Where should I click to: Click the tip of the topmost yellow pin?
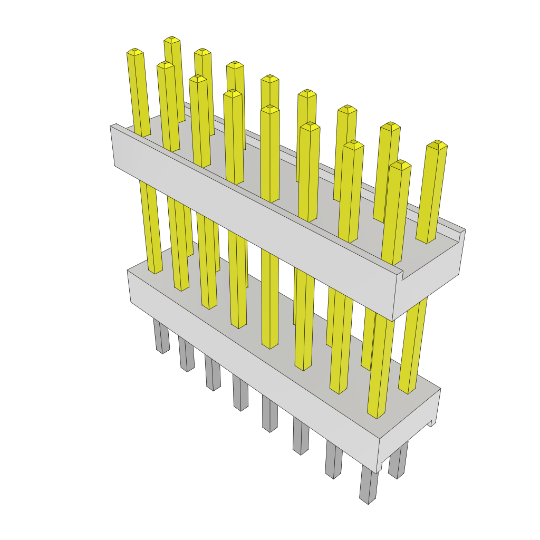pos(171,40)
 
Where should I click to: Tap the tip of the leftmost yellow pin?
pos(135,51)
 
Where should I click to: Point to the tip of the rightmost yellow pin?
pos(437,143)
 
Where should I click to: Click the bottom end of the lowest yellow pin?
pos(374,414)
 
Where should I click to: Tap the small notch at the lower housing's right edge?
pos(432,422)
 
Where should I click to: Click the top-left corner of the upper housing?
pos(112,126)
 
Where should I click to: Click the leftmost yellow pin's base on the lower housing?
pos(155,272)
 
